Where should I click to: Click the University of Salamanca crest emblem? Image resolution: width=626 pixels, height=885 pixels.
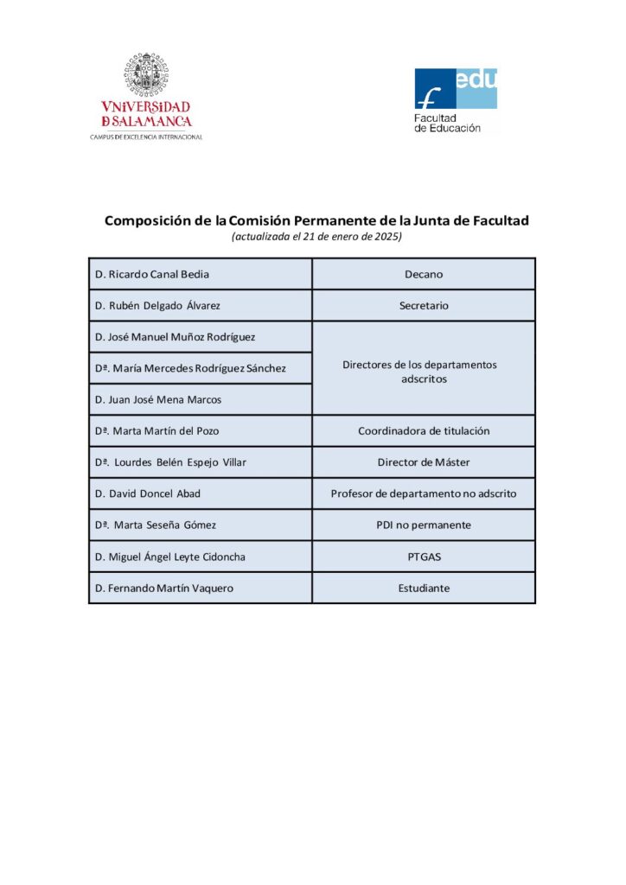click(144, 76)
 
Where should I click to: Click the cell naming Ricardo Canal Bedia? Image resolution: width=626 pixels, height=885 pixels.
click(152, 274)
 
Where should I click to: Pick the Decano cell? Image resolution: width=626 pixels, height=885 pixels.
click(423, 274)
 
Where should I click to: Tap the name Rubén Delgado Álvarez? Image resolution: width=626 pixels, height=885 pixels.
click(157, 305)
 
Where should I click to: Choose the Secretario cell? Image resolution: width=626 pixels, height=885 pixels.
click(423, 305)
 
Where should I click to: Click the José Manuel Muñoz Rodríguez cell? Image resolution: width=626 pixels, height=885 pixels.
click(175, 336)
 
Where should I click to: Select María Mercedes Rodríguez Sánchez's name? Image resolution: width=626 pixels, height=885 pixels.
click(190, 368)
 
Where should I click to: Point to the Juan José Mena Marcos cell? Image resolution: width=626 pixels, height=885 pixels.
click(158, 399)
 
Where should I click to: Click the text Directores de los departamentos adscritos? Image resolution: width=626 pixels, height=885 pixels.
click(419, 372)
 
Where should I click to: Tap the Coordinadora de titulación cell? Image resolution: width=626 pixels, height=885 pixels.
click(424, 430)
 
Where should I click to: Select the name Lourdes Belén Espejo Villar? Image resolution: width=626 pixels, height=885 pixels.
click(170, 462)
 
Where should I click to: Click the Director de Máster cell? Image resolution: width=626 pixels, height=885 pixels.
click(424, 462)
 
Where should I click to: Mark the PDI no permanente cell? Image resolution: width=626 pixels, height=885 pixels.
click(424, 525)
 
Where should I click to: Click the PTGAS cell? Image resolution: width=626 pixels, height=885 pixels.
click(424, 557)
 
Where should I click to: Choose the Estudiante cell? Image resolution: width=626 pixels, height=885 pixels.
click(424, 588)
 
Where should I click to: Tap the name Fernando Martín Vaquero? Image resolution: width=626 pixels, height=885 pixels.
click(164, 588)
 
